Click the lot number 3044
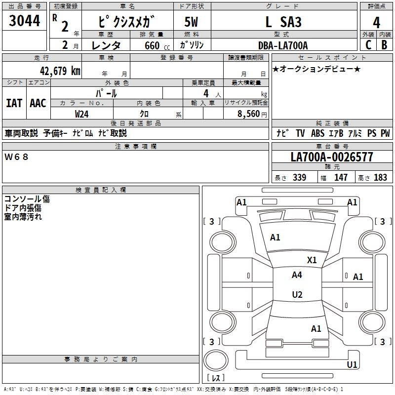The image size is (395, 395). (24, 21)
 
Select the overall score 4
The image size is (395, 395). (376, 23)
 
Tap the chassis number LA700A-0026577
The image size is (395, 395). (332, 157)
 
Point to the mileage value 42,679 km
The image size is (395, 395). (60, 71)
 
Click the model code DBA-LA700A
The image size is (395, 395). (283, 45)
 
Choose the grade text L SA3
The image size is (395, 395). (283, 22)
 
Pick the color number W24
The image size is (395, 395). (81, 114)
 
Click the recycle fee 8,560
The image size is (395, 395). (248, 114)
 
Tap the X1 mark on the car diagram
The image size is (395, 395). (312, 260)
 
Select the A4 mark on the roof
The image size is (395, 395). (297, 275)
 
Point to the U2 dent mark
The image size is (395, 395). (297, 294)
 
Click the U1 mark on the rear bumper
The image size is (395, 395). (352, 364)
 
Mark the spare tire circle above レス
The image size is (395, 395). (216, 360)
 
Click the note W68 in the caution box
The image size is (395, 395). (16, 157)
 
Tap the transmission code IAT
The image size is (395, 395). (14, 103)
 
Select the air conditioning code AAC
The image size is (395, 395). (38, 103)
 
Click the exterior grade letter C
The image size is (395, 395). (368, 45)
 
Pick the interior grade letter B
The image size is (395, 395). (384, 45)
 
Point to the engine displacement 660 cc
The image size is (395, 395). (157, 46)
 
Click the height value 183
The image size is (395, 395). (380, 177)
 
